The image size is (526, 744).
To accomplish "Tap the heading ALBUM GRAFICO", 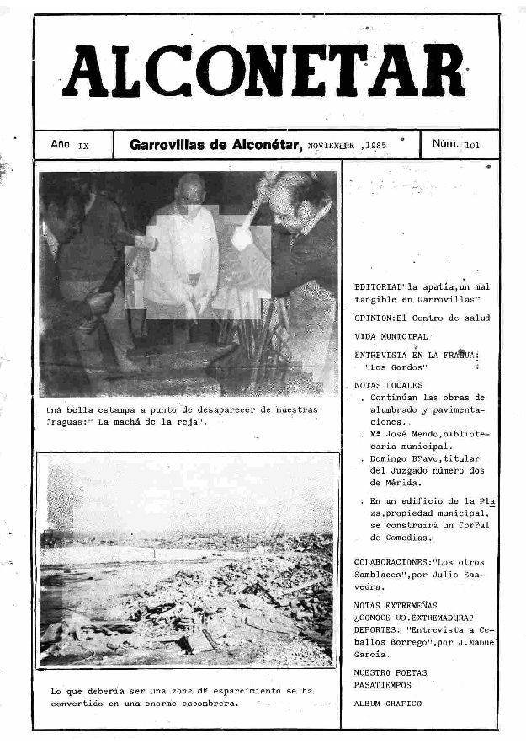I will [x=388, y=703].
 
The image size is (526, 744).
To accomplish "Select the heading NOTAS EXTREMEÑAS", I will [x=396, y=605].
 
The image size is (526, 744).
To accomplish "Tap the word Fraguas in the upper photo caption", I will [x=67, y=421].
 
